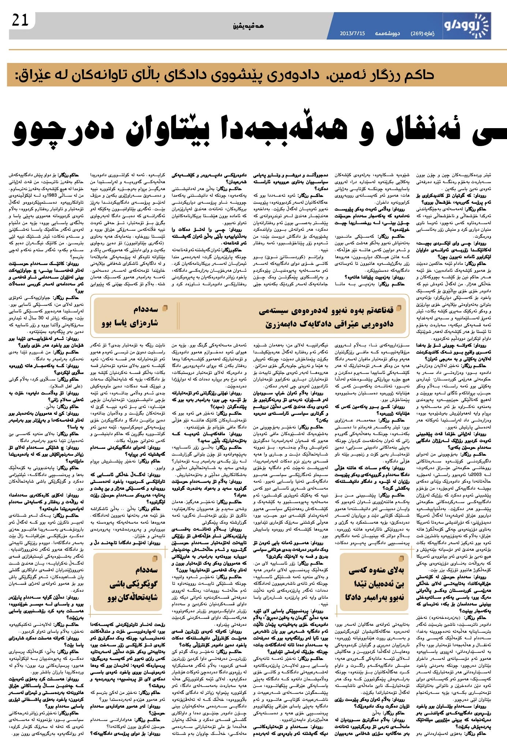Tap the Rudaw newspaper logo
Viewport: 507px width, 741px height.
coord(466,25)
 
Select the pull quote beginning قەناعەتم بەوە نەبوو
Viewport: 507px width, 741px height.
coord(326,317)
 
